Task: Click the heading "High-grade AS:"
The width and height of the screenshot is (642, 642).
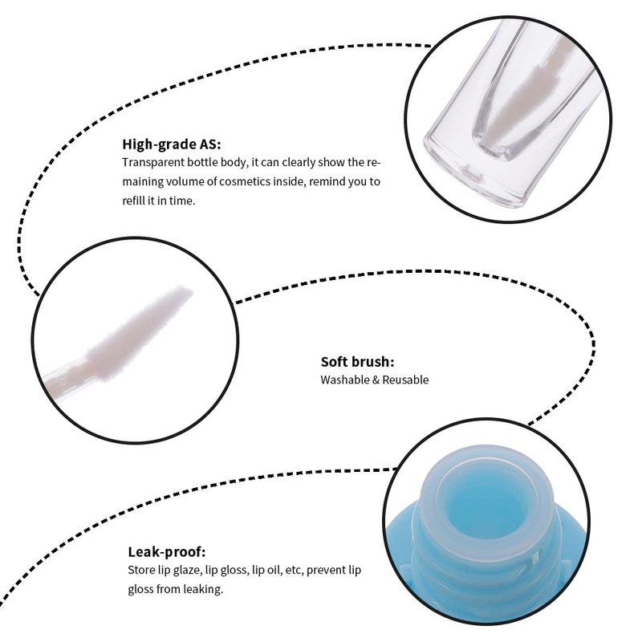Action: point(172,144)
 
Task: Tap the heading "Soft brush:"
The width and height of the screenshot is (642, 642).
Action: point(357,362)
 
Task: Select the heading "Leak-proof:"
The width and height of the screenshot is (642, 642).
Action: point(167,552)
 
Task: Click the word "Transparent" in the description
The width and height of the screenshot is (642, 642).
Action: point(153,163)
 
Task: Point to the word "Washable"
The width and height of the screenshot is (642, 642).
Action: point(345,380)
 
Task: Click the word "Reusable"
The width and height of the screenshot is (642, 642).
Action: point(405,380)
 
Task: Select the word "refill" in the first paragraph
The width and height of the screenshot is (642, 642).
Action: point(133,201)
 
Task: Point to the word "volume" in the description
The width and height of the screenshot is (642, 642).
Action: point(185,181)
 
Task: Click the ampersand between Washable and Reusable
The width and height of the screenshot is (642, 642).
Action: point(376,380)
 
